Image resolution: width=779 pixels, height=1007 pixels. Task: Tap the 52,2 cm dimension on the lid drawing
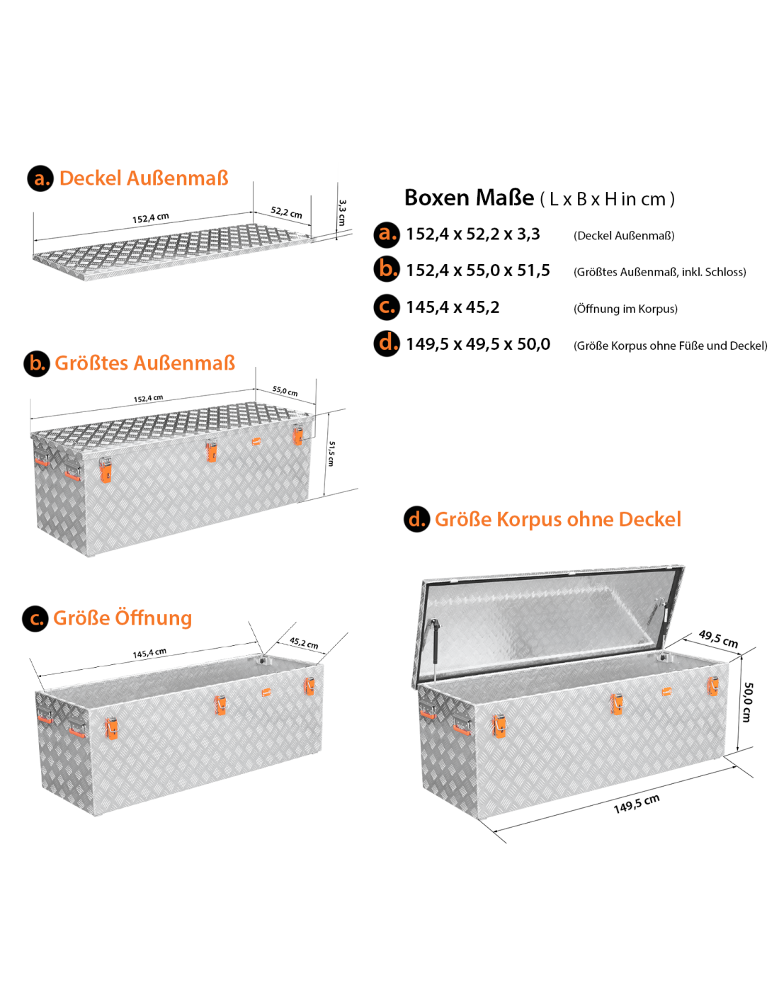pos(286,212)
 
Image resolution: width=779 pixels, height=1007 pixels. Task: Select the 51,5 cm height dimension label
pos(331,453)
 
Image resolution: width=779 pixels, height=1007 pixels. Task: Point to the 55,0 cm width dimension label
pos(285,391)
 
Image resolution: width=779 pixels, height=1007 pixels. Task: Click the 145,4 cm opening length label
pos(149,653)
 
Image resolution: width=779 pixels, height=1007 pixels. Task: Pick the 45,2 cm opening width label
pos(304,643)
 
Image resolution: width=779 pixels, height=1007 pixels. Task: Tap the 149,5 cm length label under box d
pos(636,804)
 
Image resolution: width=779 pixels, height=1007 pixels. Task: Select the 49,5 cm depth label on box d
pos(718,638)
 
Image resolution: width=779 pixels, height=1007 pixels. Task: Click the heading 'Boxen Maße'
pos(469,198)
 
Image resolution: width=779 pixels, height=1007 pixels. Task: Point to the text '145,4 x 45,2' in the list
pos(453,307)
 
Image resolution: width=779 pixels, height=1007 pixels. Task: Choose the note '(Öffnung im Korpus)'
pos(625,309)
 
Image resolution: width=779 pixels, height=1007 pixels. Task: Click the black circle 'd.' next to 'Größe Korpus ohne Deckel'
pos(416,518)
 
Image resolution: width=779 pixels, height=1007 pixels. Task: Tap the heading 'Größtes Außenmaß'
pos(144,363)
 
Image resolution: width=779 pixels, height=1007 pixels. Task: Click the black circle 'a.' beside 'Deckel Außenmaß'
pos(40,178)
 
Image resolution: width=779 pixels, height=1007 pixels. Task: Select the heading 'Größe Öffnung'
pos(123,618)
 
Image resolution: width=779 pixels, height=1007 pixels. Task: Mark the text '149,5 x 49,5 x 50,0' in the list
pos(478,344)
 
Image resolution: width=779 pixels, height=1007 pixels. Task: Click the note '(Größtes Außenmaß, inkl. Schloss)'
pos(659,271)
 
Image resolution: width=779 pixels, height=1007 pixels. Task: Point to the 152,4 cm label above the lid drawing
pos(151,218)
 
